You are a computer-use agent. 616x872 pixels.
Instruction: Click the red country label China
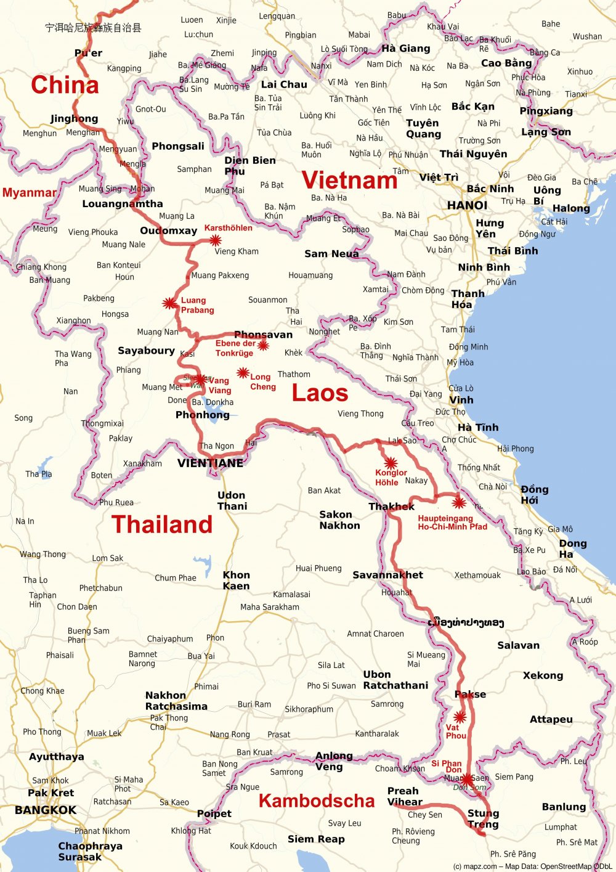point(65,85)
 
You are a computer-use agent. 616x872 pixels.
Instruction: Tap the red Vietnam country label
point(349,180)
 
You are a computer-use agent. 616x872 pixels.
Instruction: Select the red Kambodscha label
point(317,801)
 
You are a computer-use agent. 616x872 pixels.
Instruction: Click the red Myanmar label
point(29,193)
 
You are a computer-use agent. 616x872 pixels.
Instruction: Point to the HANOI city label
point(467,205)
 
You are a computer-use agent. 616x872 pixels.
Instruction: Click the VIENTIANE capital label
point(210,463)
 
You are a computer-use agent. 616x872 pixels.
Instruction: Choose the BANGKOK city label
point(46,810)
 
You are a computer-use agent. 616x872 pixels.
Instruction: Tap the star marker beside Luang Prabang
point(168,303)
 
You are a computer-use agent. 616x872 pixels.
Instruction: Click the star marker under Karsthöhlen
point(215,240)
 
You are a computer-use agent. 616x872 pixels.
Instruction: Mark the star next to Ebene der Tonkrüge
point(263,346)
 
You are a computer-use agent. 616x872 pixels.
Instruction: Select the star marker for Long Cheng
point(243,373)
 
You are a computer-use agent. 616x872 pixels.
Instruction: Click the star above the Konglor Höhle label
point(390,463)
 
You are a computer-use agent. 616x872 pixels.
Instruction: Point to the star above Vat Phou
point(460,717)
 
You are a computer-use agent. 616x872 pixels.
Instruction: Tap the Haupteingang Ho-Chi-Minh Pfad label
point(452,523)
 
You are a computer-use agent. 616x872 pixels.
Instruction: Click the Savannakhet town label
point(387,575)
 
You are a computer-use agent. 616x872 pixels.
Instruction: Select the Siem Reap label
point(316,839)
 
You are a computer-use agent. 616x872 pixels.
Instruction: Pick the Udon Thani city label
point(232,500)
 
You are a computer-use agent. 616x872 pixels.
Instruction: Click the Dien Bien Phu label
point(249,165)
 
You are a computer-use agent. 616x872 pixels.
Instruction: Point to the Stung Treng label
point(483,818)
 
